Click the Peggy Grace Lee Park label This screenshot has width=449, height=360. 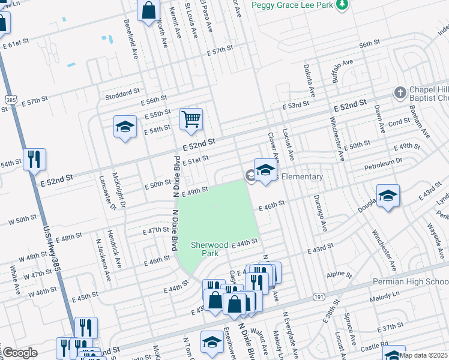(x=291, y=5)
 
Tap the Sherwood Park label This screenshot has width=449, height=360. (x=209, y=249)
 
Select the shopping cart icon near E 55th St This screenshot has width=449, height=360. (x=191, y=119)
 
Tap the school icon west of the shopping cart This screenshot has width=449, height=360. (x=125, y=127)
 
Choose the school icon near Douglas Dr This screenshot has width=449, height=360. (x=388, y=196)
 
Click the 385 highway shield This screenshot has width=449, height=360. (x=10, y=100)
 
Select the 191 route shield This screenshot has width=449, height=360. (x=318, y=296)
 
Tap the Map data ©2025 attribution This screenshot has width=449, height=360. (x=423, y=355)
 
